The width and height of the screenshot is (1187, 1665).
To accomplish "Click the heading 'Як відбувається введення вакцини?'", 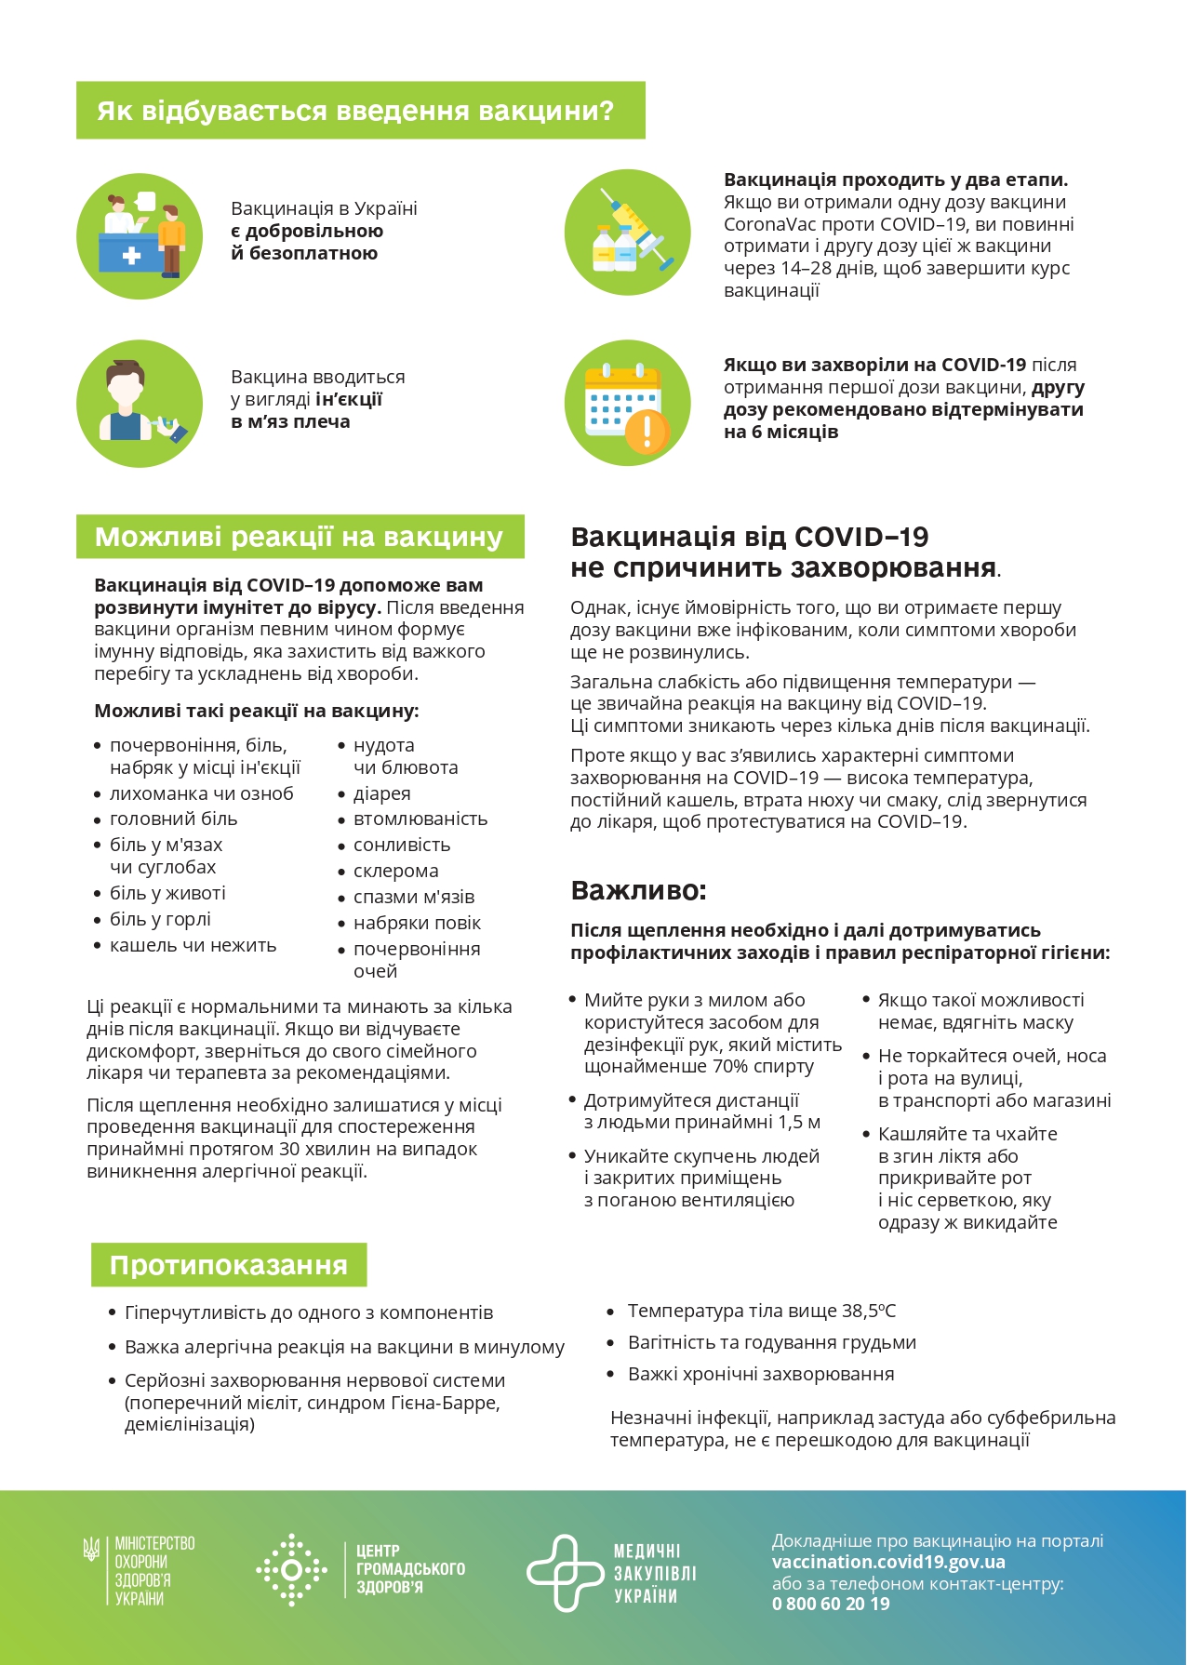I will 355,111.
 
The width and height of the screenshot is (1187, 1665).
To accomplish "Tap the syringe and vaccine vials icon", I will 628,233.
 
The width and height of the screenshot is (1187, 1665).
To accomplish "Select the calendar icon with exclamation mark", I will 628,403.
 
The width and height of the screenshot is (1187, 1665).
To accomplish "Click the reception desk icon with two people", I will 140,235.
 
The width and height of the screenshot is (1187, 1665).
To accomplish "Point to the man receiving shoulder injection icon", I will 140,404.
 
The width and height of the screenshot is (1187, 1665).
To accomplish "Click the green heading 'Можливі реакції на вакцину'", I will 299,537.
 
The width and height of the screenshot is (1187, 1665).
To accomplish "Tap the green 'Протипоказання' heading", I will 229,1265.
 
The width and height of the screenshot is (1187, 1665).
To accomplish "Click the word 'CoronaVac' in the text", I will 767,224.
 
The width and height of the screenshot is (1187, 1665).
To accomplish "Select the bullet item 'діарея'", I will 381,793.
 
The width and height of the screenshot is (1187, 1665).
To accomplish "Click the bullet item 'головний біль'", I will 173,819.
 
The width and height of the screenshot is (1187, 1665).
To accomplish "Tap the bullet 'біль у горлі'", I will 160,919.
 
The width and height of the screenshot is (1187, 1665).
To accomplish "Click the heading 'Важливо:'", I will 638,890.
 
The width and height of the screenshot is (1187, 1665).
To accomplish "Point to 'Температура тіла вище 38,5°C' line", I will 761,1311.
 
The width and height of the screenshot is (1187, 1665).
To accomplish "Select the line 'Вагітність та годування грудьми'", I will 771,1342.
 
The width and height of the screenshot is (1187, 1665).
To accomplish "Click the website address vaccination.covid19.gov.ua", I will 888,1562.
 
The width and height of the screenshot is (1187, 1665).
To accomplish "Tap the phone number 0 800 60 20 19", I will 831,1604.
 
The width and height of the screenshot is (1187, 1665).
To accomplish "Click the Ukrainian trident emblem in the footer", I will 91,1550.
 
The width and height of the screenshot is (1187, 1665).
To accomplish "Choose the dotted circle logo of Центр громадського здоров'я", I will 291,1569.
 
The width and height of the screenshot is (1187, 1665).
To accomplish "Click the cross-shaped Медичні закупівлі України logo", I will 564,1572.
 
